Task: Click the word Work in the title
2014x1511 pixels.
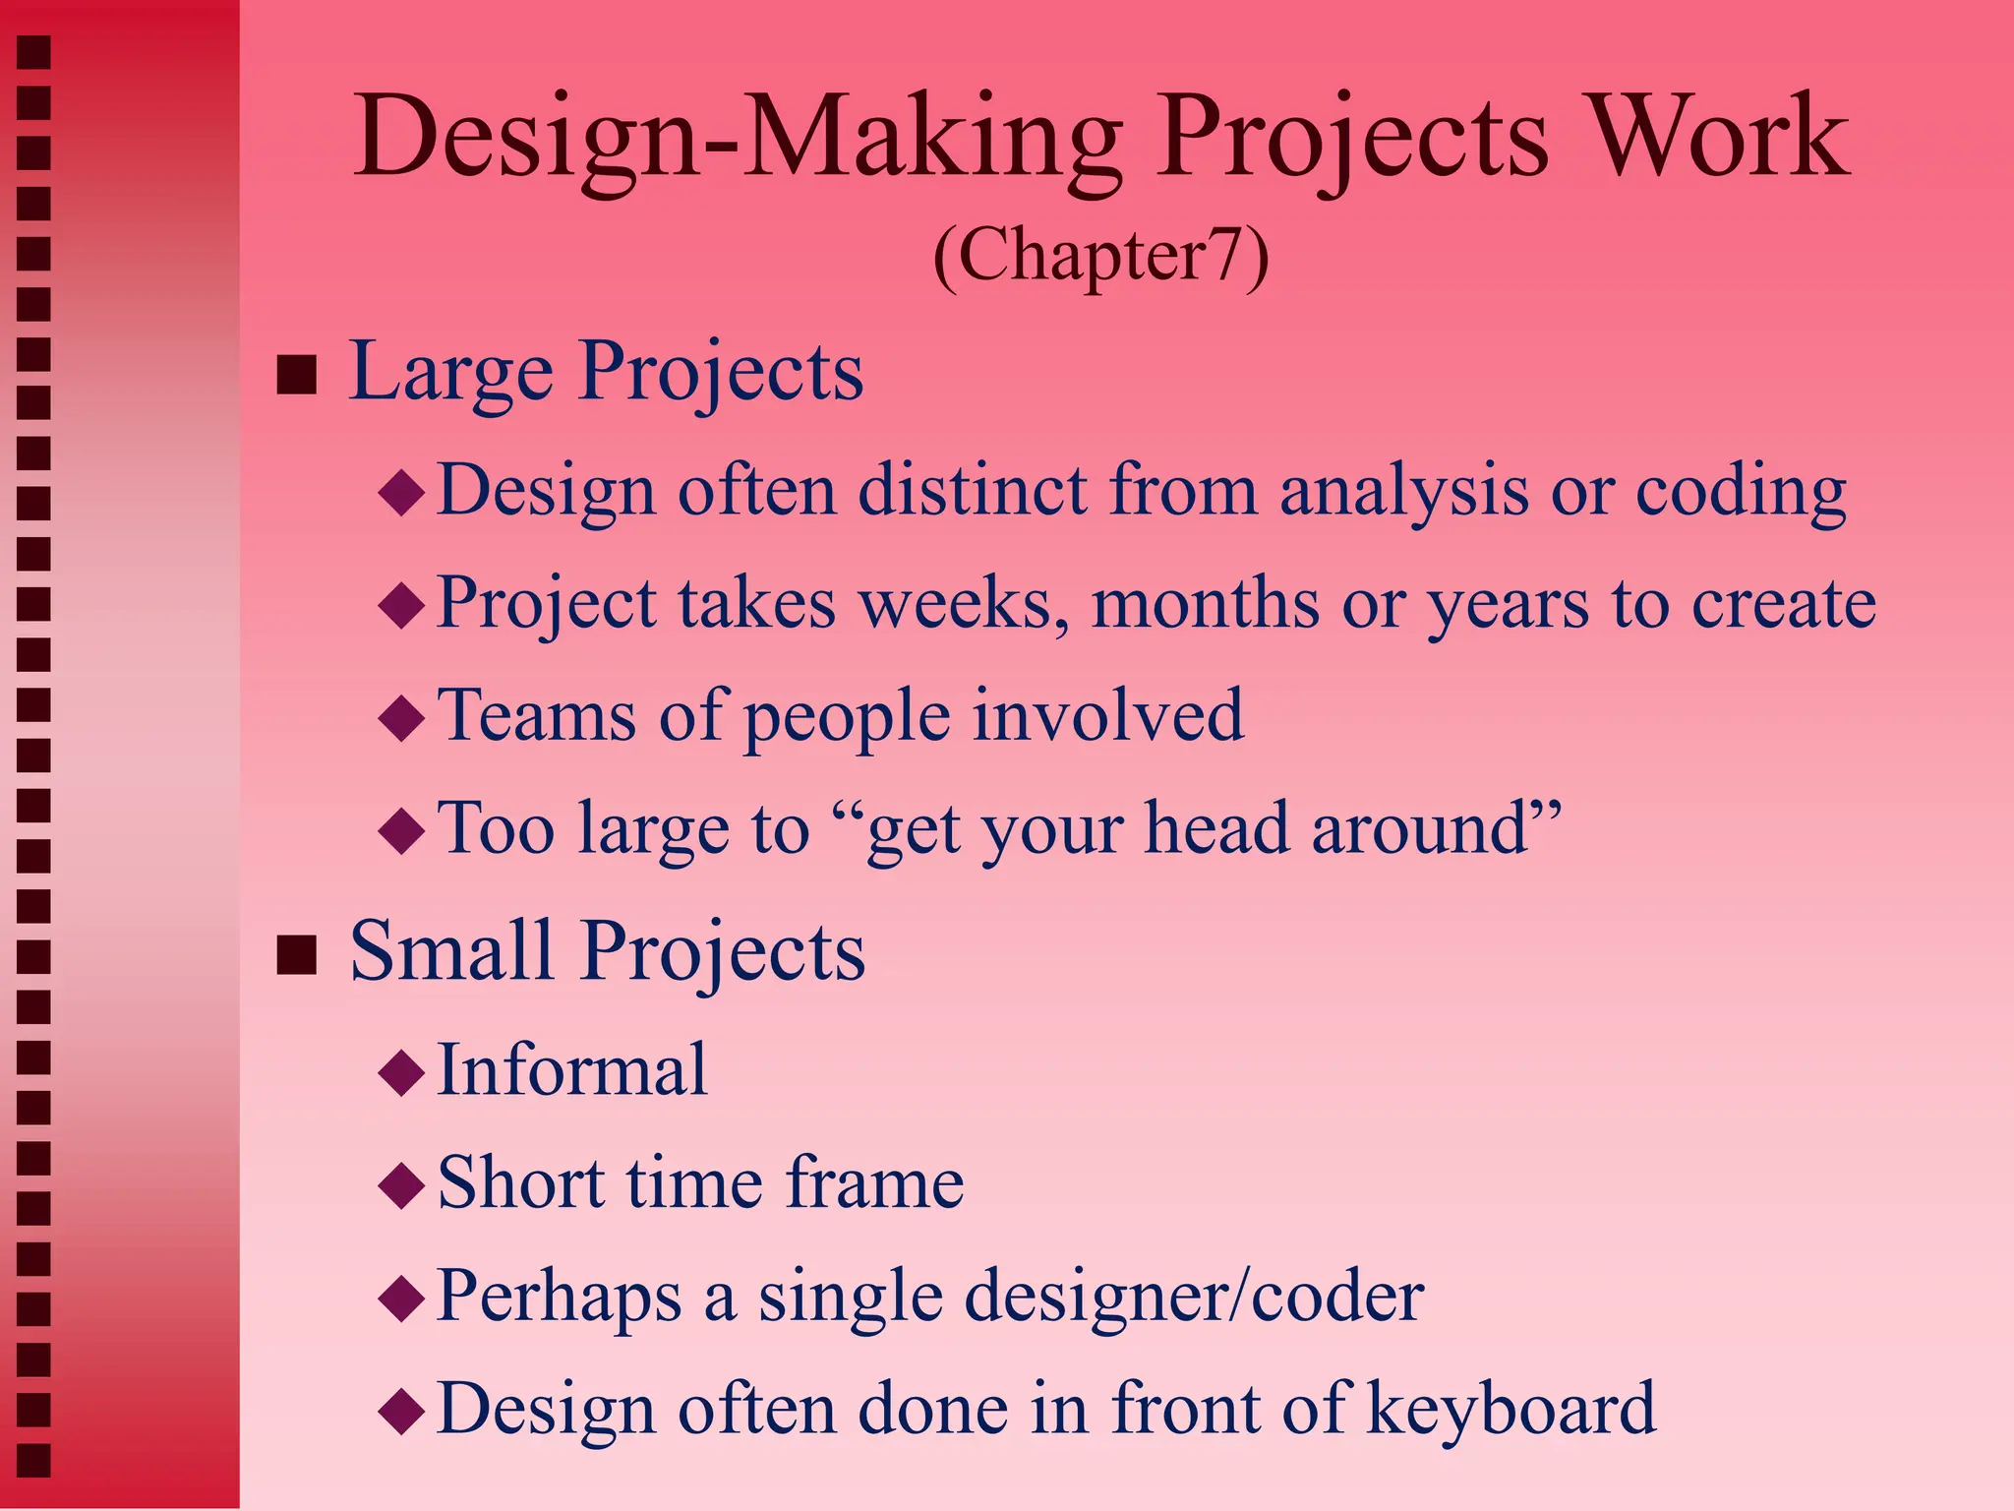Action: [1719, 138]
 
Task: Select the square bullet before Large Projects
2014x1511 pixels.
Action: [296, 375]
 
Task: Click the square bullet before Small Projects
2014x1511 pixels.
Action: [296, 954]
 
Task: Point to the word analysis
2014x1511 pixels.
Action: [1403, 492]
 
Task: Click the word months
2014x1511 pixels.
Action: [1206, 604]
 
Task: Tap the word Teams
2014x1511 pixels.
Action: [536, 716]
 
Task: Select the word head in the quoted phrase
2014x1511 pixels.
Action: [1216, 828]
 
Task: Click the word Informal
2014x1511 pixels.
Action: [571, 1070]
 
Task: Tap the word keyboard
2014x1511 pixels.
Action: [1510, 1409]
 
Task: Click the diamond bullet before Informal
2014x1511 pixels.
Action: [401, 1073]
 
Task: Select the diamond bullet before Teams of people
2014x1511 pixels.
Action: [401, 718]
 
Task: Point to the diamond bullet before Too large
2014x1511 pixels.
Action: [401, 831]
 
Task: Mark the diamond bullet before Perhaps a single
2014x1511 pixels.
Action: [401, 1299]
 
